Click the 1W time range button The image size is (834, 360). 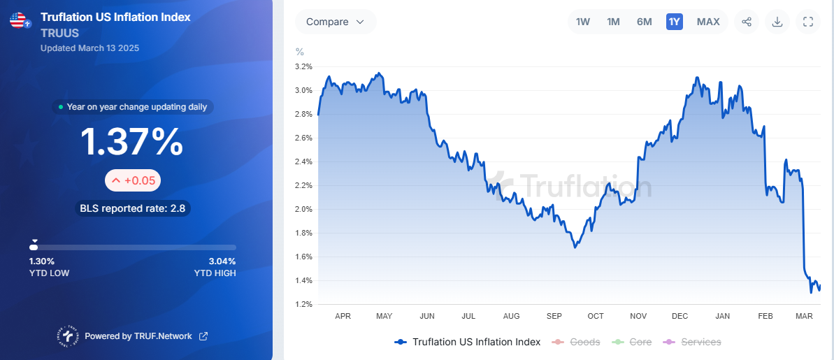(583, 22)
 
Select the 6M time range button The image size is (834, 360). (644, 22)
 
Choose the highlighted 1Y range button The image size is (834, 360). (674, 22)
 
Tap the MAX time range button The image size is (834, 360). (708, 22)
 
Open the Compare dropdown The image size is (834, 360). (336, 22)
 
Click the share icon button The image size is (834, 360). (747, 22)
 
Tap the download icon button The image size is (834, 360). (777, 22)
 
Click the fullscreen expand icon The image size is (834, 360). (808, 22)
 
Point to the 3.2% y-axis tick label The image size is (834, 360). (303, 66)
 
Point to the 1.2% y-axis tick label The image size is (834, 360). (303, 304)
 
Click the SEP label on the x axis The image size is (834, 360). (554, 316)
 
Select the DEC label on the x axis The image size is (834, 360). (680, 316)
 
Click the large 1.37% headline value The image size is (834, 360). (132, 142)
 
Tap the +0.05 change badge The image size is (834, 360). (133, 181)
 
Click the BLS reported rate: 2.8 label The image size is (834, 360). (133, 208)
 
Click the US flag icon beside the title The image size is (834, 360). (19, 20)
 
